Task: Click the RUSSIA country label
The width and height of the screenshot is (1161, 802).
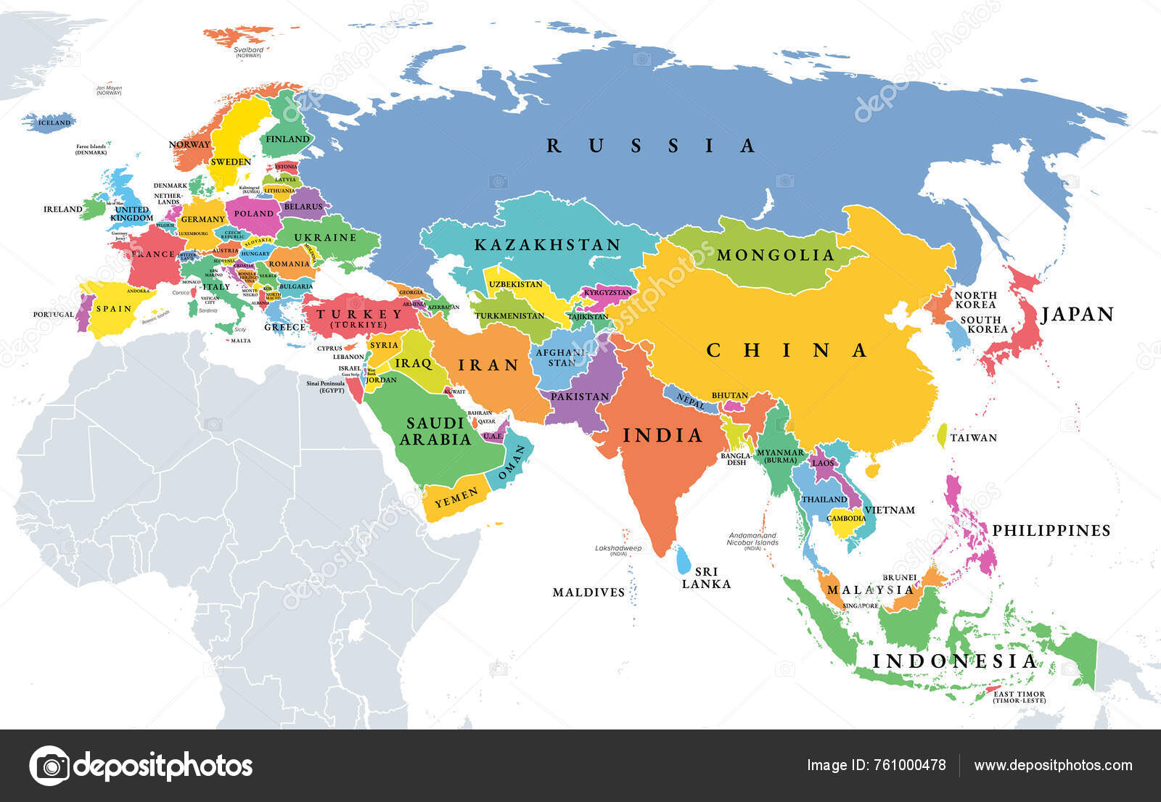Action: [650, 146]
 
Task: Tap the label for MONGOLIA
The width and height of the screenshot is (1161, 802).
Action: [776, 255]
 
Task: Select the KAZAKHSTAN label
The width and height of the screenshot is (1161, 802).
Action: [548, 245]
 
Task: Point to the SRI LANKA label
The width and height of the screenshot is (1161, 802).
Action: [705, 578]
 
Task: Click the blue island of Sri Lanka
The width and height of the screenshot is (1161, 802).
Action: [683, 559]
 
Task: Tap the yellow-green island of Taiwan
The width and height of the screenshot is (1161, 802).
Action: [942, 435]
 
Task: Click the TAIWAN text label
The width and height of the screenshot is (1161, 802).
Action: [973, 438]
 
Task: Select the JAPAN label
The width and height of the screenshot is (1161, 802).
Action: [1077, 314]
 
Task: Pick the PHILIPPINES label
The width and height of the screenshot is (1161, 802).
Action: [1051, 531]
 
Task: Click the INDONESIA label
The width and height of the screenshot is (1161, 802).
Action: [955, 661]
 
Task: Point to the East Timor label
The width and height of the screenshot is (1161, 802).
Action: [1020, 697]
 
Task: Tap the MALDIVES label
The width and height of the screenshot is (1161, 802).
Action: [588, 592]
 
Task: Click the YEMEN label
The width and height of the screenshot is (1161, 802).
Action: [456, 497]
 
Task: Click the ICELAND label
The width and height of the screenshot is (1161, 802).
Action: [54, 123]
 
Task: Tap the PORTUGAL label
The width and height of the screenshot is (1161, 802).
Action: [54, 315]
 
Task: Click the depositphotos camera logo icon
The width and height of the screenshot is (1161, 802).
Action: [49, 766]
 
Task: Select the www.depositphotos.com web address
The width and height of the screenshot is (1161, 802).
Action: [1053, 766]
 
